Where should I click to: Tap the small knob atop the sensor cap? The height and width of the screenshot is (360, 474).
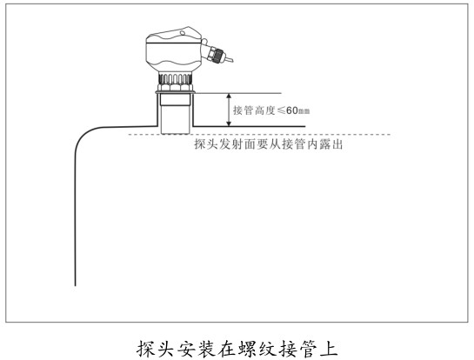point(183,32)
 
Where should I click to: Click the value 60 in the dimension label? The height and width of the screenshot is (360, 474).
point(292,110)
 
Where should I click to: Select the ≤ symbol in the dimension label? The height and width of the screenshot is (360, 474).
point(281,110)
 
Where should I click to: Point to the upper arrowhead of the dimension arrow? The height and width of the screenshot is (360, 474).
point(229,97)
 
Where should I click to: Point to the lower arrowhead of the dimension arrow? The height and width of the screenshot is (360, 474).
point(229,123)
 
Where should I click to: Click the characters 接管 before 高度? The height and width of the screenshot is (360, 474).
point(243,110)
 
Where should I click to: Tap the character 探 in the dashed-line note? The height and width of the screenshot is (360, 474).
point(200,144)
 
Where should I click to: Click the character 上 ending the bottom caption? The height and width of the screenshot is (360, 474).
point(329,349)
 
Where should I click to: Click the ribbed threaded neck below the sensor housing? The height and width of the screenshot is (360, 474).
point(175,78)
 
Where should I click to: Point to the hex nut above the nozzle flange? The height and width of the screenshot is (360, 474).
point(175,87)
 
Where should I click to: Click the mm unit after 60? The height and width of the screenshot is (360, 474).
point(304,111)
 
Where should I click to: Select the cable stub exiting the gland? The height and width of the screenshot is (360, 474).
point(229,58)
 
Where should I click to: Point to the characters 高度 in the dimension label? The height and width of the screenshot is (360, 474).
point(264,110)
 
